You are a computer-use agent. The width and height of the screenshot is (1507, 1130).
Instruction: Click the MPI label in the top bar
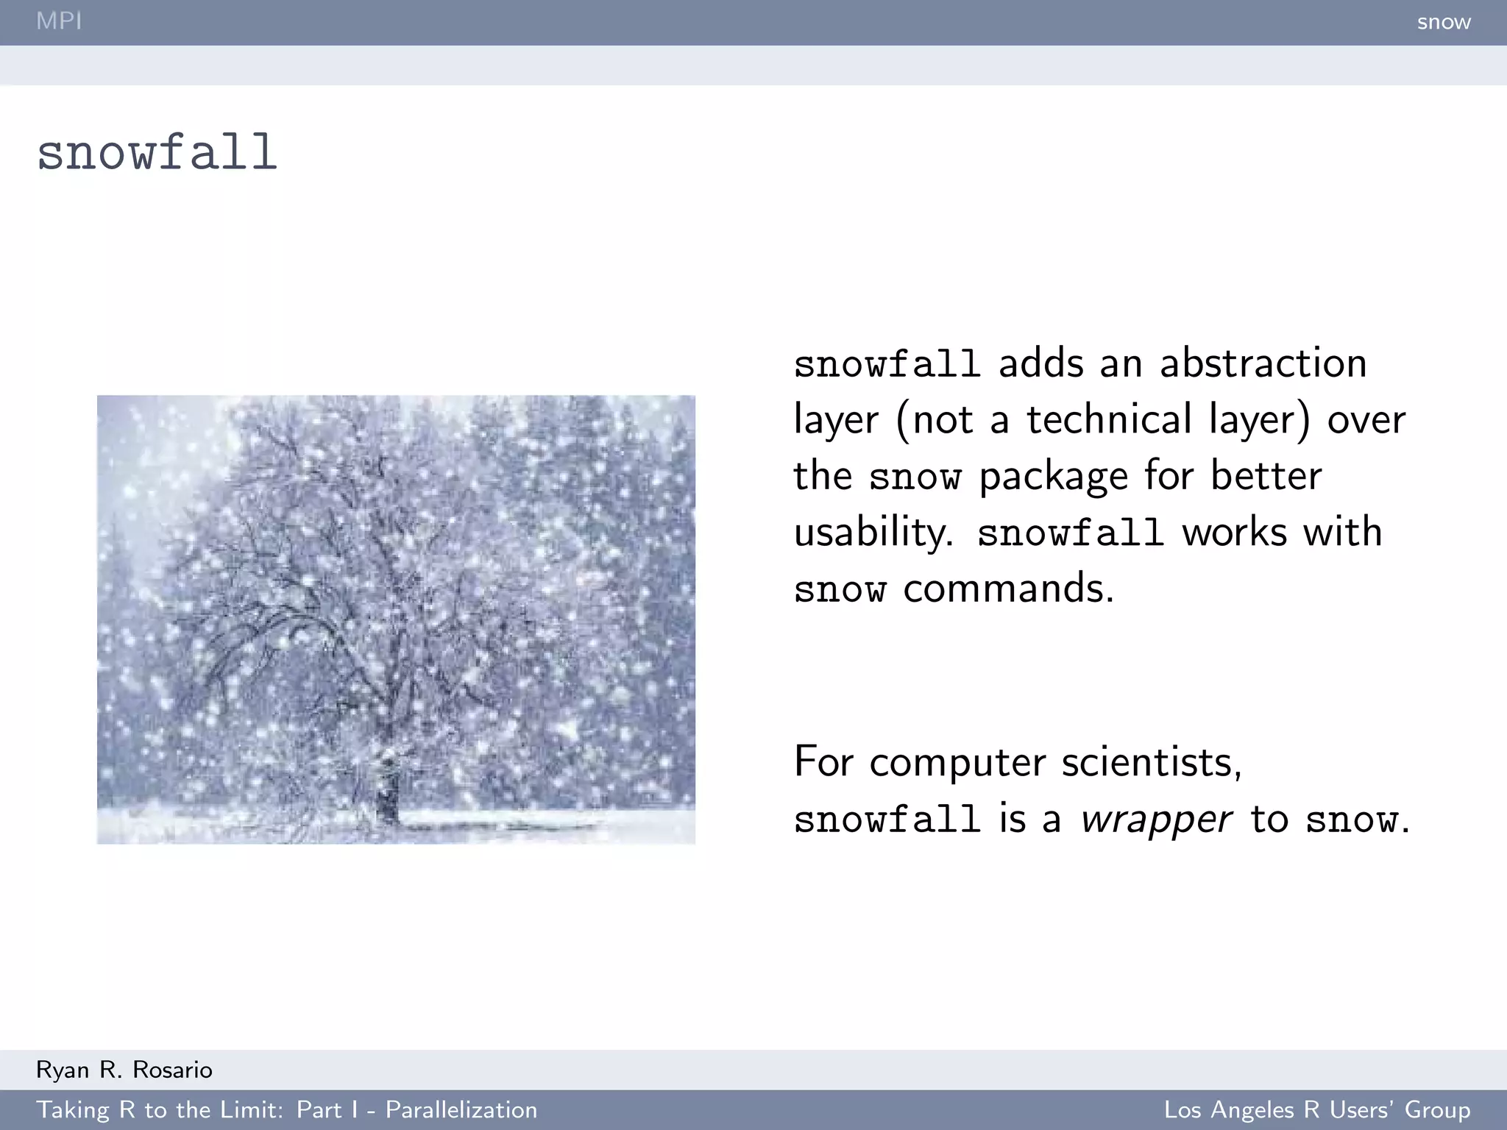pyautogui.click(x=59, y=21)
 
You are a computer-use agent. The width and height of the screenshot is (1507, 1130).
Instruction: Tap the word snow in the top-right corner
pyautogui.click(x=1443, y=22)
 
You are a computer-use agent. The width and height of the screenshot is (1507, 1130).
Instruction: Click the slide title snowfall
pyautogui.click(x=157, y=153)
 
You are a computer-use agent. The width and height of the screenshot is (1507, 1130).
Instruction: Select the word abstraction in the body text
pyautogui.click(x=1263, y=363)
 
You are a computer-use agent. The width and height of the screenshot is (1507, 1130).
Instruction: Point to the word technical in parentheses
pyautogui.click(x=1108, y=419)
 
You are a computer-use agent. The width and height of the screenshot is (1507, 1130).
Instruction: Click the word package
pyautogui.click(x=1053, y=477)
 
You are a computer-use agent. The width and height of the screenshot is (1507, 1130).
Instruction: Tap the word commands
pyautogui.click(x=1008, y=589)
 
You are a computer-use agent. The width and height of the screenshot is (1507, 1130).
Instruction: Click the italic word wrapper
pyautogui.click(x=1156, y=820)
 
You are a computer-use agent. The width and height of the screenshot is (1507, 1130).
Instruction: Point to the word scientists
pyautogui.click(x=1152, y=762)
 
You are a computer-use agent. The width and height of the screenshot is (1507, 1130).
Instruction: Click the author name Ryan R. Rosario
pyautogui.click(x=124, y=1070)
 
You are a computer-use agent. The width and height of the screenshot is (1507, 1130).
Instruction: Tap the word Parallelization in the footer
pyautogui.click(x=461, y=1109)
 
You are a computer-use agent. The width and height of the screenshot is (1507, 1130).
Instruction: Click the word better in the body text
pyautogui.click(x=1266, y=475)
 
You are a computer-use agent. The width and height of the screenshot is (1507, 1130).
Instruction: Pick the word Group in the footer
pyautogui.click(x=1437, y=1109)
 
